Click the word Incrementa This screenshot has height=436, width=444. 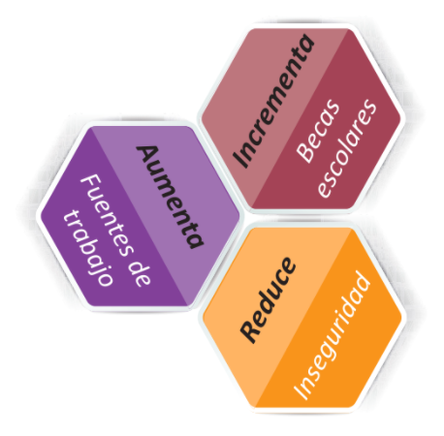(x=273, y=101)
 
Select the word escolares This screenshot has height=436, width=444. (x=347, y=147)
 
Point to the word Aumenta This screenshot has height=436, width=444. (x=171, y=197)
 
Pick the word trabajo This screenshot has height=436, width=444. (x=87, y=248)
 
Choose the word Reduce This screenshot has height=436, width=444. (x=268, y=299)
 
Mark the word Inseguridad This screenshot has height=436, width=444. (x=332, y=335)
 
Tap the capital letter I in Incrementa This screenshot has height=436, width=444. (x=240, y=160)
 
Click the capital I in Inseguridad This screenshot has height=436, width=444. (x=300, y=393)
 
